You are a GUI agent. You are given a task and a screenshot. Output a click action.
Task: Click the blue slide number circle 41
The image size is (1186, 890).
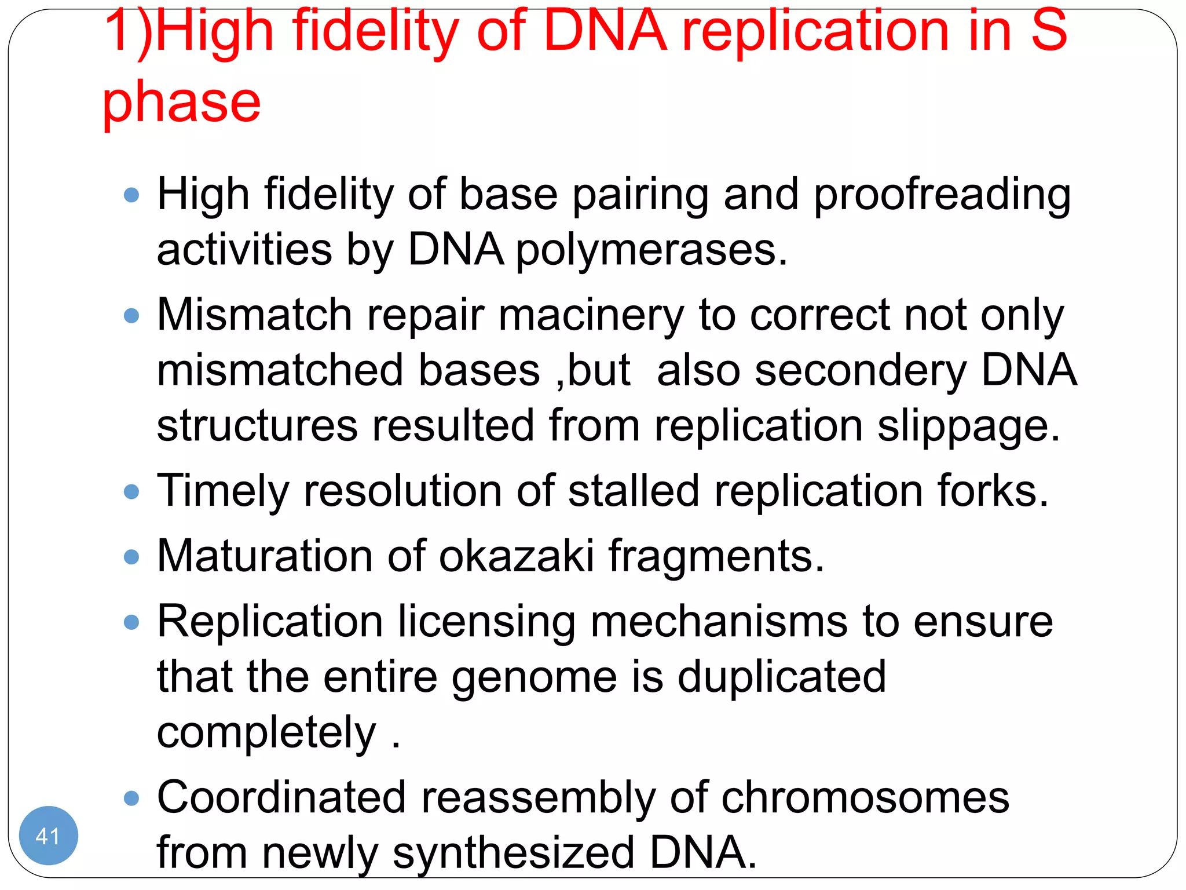click(48, 836)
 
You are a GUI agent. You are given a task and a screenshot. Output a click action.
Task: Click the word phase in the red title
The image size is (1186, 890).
click(181, 103)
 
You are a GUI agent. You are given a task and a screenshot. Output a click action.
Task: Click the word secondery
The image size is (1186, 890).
click(861, 371)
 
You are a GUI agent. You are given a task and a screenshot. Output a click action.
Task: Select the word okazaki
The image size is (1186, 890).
click(517, 556)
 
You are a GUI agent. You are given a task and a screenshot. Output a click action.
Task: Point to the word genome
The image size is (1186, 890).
click(534, 678)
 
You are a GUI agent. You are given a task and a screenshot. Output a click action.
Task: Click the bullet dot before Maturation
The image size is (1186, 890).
click(132, 557)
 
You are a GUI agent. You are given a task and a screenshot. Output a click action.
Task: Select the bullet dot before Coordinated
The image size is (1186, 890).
click(132, 798)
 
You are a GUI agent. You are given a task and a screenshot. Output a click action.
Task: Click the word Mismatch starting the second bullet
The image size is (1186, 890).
click(254, 316)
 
